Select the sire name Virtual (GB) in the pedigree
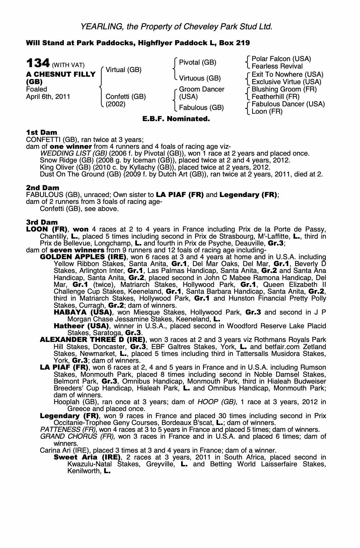point(123,70)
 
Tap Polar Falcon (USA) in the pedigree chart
point(281,59)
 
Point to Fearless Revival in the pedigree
point(277,66)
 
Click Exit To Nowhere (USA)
point(287,75)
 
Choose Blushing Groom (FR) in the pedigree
point(284,89)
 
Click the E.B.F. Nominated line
point(176,119)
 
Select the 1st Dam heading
point(41,133)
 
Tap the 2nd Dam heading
point(42,188)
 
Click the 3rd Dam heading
point(42,222)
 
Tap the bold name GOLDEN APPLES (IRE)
point(83,257)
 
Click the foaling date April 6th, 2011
point(48,97)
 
